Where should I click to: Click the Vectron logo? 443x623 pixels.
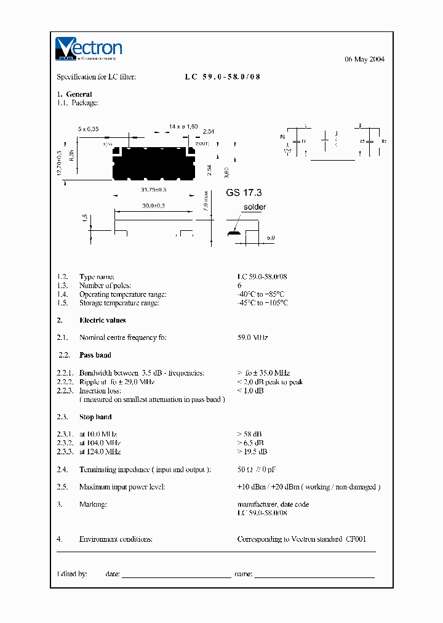point(89,49)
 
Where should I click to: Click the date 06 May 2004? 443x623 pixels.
point(364,59)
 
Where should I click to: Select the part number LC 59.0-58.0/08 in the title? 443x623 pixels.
point(223,77)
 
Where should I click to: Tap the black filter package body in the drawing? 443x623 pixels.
point(151,163)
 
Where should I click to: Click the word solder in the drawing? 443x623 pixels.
point(255,207)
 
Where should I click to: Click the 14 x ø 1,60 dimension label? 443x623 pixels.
point(183,126)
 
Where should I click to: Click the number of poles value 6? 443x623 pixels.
point(239,286)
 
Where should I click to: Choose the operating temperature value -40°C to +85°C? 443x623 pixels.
point(261,294)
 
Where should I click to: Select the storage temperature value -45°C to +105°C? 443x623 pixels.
point(263,303)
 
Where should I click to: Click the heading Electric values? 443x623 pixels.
point(102,320)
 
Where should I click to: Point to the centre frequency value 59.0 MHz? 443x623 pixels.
point(252,337)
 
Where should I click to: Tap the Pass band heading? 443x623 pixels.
point(95,355)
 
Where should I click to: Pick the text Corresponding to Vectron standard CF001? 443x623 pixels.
point(301,539)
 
